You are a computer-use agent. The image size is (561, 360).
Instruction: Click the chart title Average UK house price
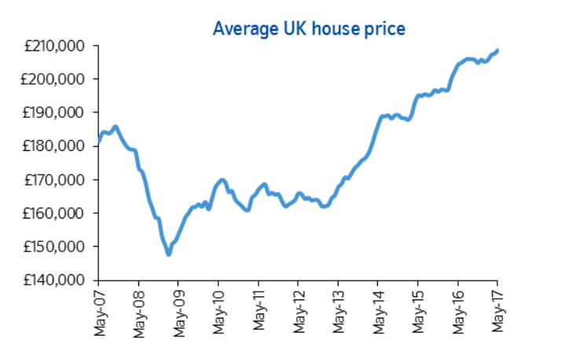(309, 30)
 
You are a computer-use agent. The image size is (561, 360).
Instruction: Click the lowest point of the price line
(168, 254)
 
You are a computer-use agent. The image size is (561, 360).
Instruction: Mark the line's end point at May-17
(497, 50)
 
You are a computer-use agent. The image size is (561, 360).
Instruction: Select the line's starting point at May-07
(98, 142)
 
